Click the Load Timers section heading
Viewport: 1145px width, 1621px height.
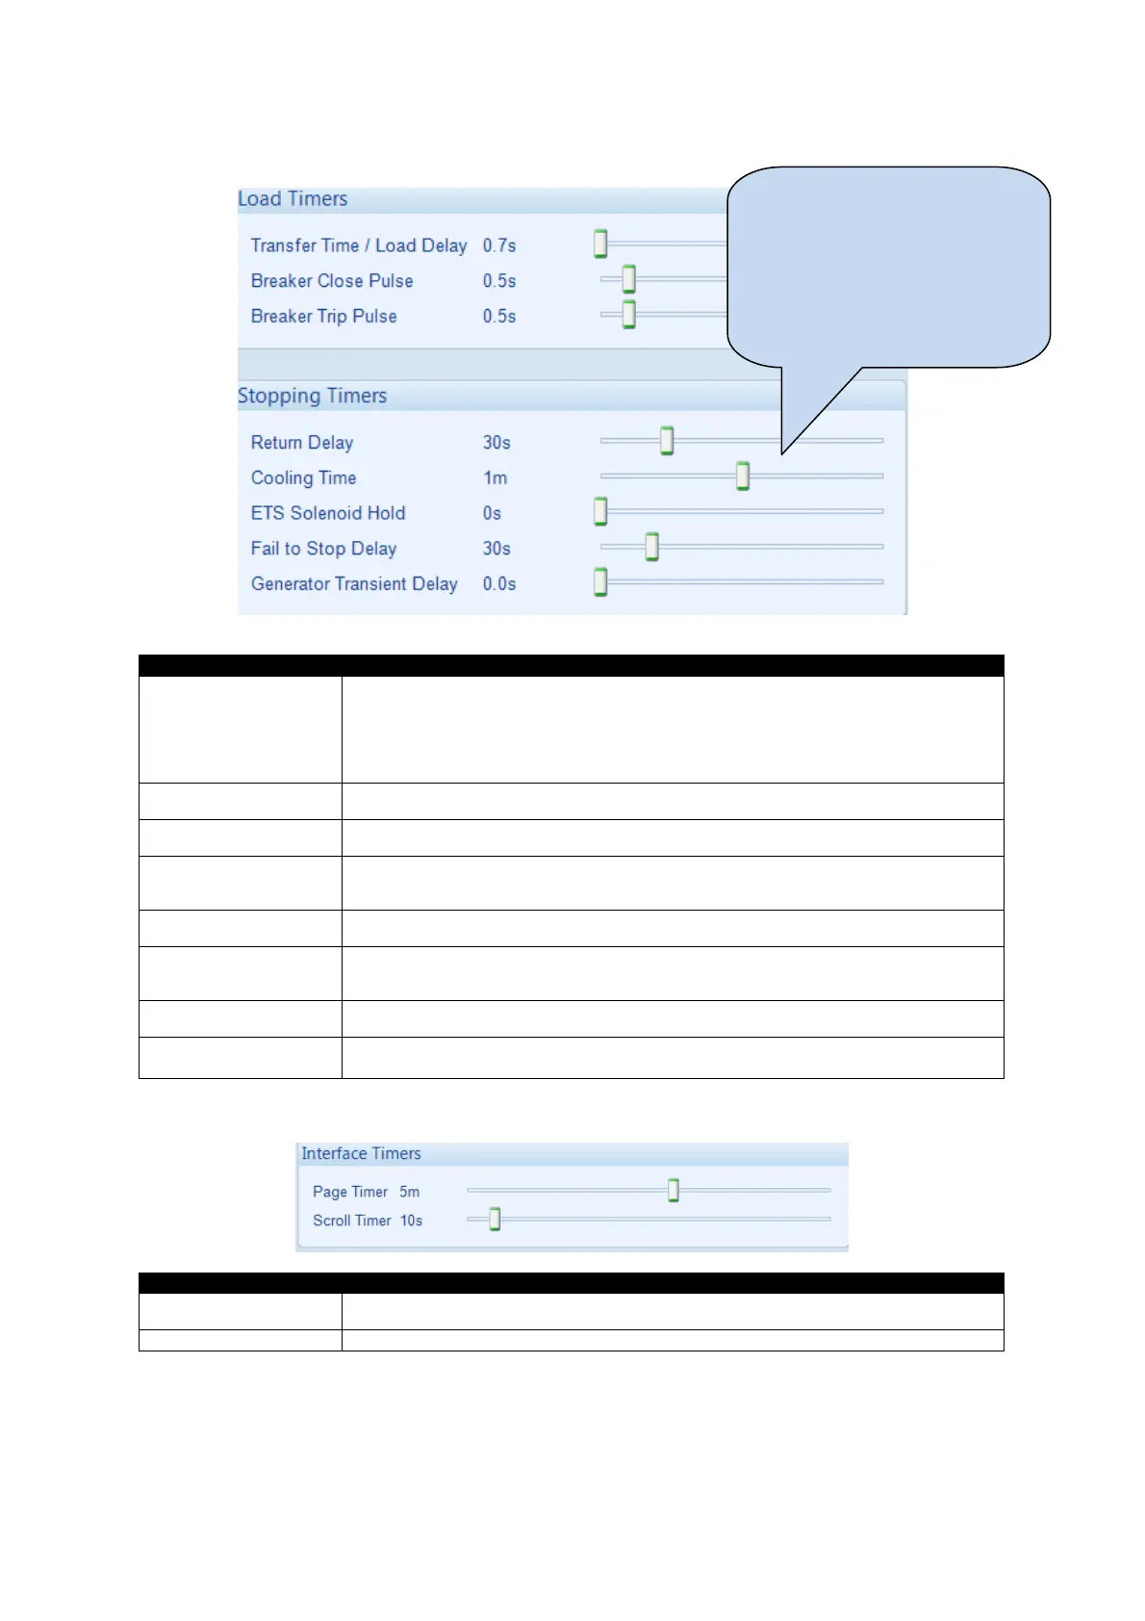293,199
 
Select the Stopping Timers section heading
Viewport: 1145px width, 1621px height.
312,396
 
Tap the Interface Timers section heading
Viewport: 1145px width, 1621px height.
361,1153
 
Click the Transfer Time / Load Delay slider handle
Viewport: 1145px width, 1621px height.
600,244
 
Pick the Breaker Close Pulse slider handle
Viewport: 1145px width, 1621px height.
628,279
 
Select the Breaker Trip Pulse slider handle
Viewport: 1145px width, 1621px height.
628,315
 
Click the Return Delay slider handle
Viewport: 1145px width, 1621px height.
666,441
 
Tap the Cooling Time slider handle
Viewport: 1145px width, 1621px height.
743,476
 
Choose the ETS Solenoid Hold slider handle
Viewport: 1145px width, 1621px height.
600,511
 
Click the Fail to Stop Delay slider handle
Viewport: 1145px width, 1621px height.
651,547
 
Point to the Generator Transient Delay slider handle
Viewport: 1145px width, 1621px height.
600,582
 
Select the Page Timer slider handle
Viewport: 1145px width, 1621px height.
674,1191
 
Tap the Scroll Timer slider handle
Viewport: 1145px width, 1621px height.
495,1220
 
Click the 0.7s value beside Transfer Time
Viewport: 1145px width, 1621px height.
499,245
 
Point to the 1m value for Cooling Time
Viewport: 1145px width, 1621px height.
495,478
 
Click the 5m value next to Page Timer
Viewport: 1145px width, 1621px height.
410,1192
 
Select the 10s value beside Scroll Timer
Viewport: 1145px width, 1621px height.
411,1221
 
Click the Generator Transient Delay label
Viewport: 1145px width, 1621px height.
354,584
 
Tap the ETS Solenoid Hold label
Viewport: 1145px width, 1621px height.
328,513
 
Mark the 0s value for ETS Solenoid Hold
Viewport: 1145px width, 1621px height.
492,513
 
